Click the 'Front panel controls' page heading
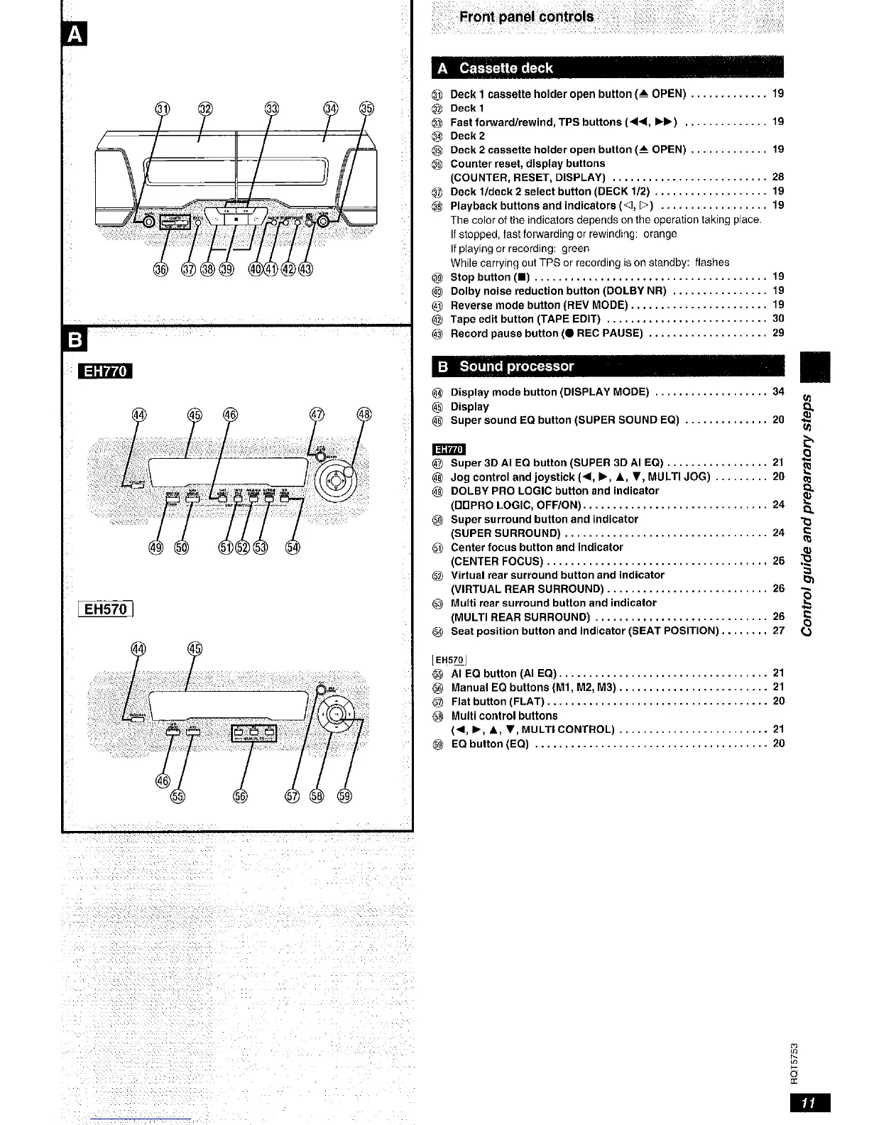[526, 17]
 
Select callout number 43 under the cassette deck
[305, 269]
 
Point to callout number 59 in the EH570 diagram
[346, 795]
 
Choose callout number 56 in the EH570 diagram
[239, 795]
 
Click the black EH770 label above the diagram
[106, 371]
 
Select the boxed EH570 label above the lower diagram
[105, 609]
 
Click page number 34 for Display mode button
[778, 392]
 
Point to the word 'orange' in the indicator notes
[660, 234]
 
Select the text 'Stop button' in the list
[480, 277]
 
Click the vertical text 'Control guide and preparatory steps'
[811, 511]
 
